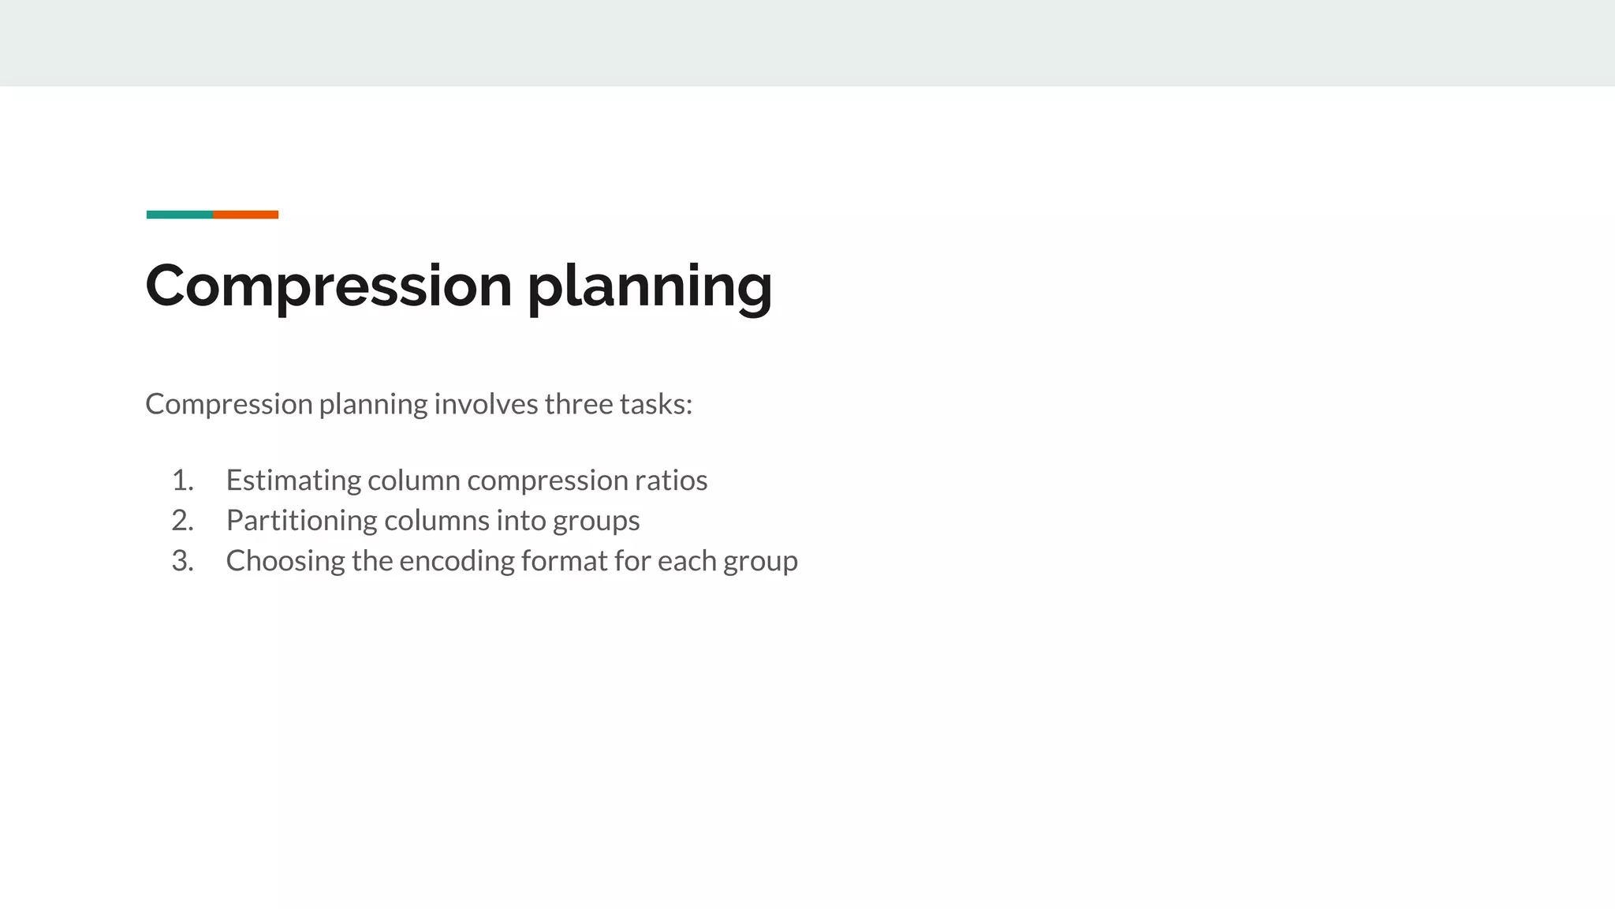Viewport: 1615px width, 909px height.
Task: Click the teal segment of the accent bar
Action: click(x=179, y=215)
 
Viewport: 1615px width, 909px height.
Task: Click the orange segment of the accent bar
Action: click(x=245, y=215)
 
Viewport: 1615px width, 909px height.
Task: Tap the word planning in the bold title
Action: click(x=650, y=286)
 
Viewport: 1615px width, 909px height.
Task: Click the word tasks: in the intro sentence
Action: click(x=656, y=404)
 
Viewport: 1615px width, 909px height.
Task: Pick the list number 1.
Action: click(x=182, y=481)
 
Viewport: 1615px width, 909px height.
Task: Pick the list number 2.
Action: click(x=182, y=521)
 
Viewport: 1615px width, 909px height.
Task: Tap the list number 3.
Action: click(x=182, y=561)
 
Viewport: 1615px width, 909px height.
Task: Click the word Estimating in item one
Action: click(x=293, y=481)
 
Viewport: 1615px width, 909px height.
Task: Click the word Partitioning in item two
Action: click(x=301, y=521)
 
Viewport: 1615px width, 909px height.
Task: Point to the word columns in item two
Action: click(x=436, y=521)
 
